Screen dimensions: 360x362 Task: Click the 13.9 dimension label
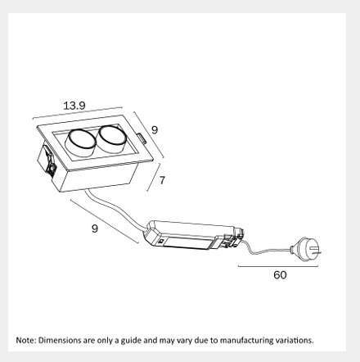(74, 106)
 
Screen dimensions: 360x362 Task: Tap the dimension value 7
(162, 180)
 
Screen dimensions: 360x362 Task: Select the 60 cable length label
(280, 275)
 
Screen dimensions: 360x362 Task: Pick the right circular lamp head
(112, 139)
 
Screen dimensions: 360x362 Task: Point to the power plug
(306, 249)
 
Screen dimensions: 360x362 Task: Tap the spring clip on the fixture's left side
(49, 161)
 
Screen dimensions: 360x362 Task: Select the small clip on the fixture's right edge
(142, 138)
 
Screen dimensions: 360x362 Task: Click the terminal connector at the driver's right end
(233, 239)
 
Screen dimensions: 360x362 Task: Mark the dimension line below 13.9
(77, 113)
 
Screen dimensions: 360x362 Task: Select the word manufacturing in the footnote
(246, 341)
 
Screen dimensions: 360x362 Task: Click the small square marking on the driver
(161, 241)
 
